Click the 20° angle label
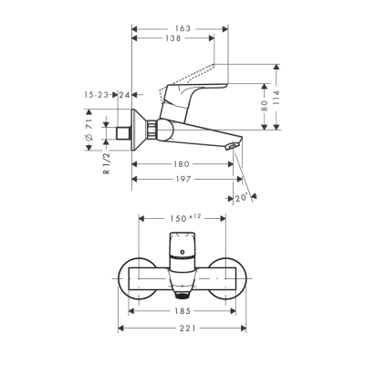pos(242,197)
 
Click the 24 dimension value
pos(124,94)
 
